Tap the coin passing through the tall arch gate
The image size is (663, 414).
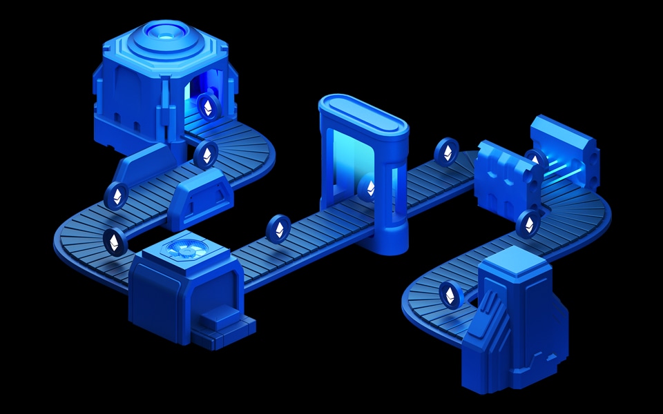(x=367, y=187)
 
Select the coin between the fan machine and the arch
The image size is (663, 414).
(x=279, y=228)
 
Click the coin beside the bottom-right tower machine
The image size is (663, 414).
(x=450, y=295)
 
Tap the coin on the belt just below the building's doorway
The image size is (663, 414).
(x=206, y=155)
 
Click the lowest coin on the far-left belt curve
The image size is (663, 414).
(x=115, y=241)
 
